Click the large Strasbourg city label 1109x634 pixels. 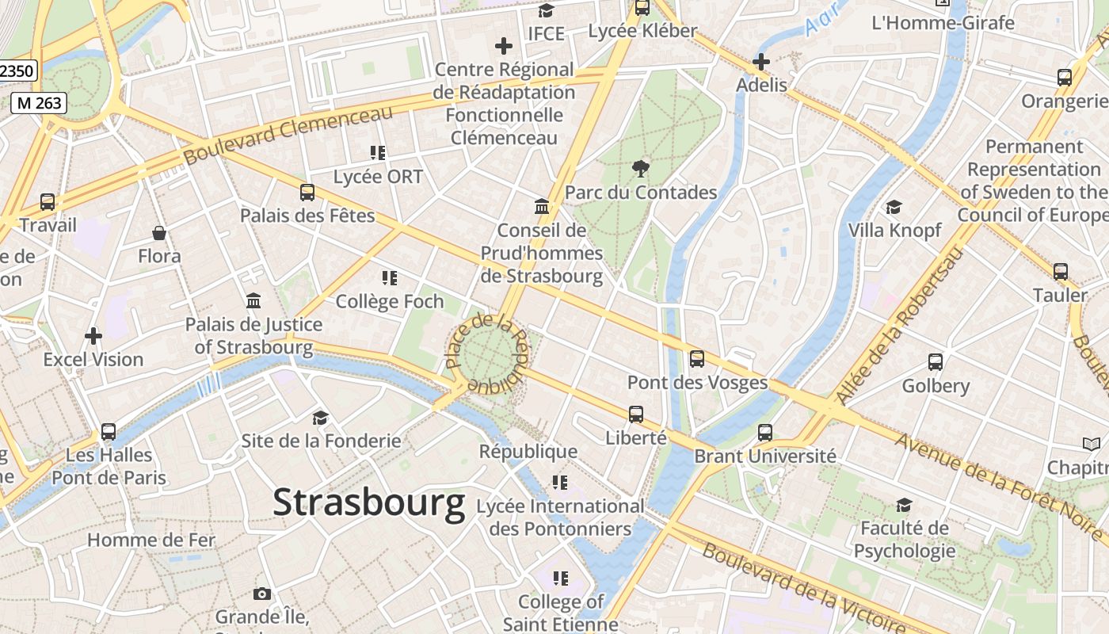pyautogui.click(x=369, y=503)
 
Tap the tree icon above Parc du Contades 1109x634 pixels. pyautogui.click(x=641, y=168)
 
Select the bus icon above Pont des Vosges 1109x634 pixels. pyautogui.click(x=697, y=359)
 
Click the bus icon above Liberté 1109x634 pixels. pyautogui.click(x=636, y=414)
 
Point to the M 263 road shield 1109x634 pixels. pyautogui.click(x=38, y=102)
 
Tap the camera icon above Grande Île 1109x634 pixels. pyautogui.click(x=261, y=594)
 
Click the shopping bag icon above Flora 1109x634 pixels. pyautogui.click(x=159, y=233)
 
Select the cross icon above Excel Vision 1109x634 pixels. pyautogui.click(x=93, y=336)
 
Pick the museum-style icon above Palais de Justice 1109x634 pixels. pyautogui.click(x=253, y=301)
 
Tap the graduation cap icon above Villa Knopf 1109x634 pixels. pyautogui.click(x=894, y=207)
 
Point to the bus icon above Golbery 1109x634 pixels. pyautogui.click(x=936, y=362)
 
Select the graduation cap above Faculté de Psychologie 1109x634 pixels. pyautogui.click(x=904, y=505)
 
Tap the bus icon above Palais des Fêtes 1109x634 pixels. pyautogui.click(x=307, y=192)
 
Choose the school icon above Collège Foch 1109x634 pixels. pyautogui.click(x=389, y=278)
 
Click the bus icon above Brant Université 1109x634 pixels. pyautogui.click(x=764, y=433)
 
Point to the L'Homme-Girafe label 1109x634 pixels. pyautogui.click(x=943, y=22)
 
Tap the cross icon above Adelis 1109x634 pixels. pyautogui.click(x=761, y=62)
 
